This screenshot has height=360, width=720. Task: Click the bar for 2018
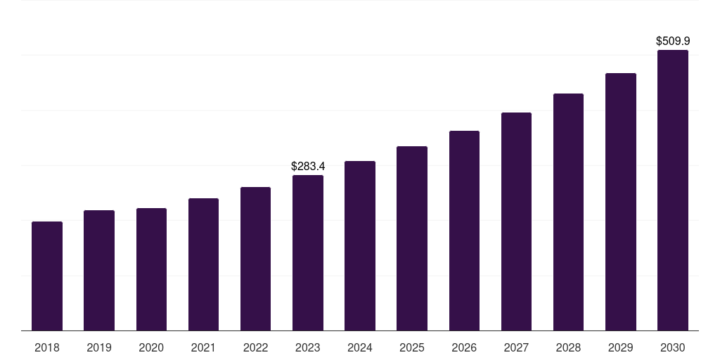point(47,276)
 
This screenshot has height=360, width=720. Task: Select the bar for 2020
point(151,269)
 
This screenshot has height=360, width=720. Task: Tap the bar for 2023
point(308,252)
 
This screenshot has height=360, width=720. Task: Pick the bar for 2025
point(412,238)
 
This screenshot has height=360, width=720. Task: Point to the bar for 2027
point(516,221)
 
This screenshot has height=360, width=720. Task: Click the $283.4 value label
point(308,167)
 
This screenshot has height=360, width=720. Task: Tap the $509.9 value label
point(673,41)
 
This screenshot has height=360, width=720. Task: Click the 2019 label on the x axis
point(99,347)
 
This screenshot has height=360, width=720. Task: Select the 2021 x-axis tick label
point(203,347)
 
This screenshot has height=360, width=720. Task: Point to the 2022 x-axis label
point(255,347)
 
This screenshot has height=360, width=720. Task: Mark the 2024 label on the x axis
point(360,347)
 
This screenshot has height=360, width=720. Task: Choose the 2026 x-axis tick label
point(464,347)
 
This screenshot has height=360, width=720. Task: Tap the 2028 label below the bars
point(568,347)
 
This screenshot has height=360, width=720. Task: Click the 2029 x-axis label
point(621,347)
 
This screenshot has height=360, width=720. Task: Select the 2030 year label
point(673,347)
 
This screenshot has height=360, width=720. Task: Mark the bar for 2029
point(621,202)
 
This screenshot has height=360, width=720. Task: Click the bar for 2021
point(203,264)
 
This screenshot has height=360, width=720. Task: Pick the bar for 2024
point(360,245)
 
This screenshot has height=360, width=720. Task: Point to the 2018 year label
point(47,347)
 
